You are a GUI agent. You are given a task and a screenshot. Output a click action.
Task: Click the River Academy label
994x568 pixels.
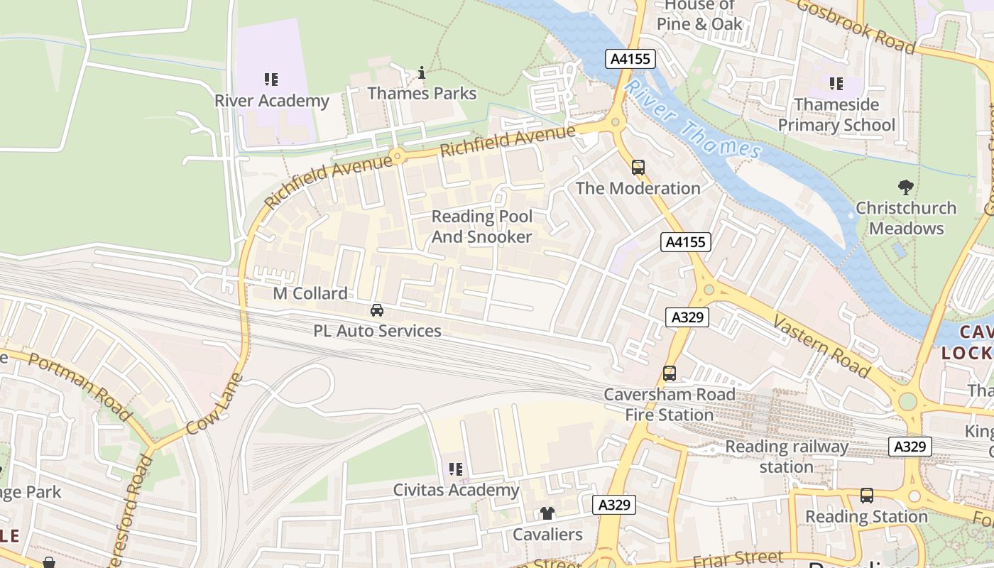pos(272,101)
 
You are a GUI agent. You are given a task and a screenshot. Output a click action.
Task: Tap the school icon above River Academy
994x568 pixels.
pos(271,79)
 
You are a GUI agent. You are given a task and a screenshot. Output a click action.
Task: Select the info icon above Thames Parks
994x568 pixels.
pos(422,72)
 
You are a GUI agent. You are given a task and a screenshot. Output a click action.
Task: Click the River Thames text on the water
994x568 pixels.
pos(694,120)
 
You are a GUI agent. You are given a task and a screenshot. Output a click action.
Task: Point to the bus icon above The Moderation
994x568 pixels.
pos(638,168)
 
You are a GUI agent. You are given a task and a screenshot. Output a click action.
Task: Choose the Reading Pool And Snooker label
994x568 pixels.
pos(481,226)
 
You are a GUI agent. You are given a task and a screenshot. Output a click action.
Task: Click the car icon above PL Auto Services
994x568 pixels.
pos(377,310)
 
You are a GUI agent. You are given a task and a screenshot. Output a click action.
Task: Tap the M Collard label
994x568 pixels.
pos(310,293)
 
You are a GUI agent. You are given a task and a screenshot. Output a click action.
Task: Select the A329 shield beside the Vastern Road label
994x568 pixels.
pos(687,317)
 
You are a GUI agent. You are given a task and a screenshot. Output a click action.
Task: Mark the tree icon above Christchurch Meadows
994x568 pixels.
pos(905,187)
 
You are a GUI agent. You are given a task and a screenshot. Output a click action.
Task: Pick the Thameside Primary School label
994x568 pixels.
pos(836,115)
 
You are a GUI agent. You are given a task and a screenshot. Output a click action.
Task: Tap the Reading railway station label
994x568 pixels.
pos(787,457)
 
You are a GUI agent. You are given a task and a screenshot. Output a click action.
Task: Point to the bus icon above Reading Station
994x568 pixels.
pos(866,496)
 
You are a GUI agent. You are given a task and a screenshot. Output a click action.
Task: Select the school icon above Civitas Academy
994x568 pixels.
pos(456,469)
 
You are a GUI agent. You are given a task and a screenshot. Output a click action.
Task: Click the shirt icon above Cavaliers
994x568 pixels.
pos(547,513)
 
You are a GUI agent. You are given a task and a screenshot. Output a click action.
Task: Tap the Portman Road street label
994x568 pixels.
pos(80,386)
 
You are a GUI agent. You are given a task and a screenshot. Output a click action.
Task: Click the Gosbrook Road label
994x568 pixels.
pos(856,26)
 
